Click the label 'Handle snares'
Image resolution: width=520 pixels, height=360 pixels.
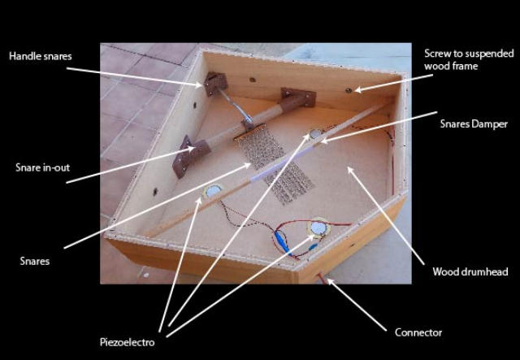(41, 56)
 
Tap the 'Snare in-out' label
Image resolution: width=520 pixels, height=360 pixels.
(43, 167)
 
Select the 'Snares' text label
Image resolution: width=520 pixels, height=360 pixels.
(35, 261)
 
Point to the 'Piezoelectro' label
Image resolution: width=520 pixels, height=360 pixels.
(128, 342)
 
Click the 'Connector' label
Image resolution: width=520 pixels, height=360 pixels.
(418, 332)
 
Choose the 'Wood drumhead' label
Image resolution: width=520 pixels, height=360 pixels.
(470, 271)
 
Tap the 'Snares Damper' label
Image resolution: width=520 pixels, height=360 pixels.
(474, 124)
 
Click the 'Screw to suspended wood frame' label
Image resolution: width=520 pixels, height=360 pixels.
(469, 59)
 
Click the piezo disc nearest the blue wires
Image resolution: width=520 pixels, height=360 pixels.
(318, 228)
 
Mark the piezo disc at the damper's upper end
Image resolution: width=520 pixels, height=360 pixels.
(315, 134)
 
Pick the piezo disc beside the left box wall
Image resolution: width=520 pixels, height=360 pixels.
(212, 191)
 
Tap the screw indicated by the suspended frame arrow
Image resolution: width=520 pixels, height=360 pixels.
(348, 90)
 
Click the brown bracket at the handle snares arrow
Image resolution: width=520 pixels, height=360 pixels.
(216, 83)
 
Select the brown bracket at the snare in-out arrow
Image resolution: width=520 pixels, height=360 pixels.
(192, 156)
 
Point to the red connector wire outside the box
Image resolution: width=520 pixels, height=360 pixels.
(323, 279)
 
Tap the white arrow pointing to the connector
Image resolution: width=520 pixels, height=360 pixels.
(357, 305)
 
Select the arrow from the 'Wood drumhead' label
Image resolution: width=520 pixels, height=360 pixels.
(386, 215)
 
